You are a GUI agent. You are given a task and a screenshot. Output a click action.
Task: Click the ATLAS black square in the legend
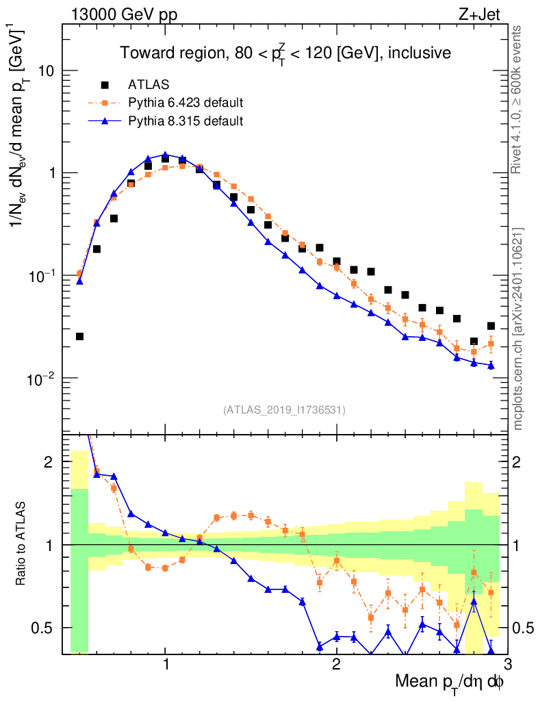point(105,85)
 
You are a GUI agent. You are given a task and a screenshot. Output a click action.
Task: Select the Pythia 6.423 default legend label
point(186,103)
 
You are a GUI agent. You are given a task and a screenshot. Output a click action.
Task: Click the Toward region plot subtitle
point(285,53)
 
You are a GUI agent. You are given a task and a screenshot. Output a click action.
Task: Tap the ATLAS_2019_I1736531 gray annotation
point(284,410)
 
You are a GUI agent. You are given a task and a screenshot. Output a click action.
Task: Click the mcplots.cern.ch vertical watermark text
point(518,329)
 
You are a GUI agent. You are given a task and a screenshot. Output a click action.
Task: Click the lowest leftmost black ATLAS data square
point(79,336)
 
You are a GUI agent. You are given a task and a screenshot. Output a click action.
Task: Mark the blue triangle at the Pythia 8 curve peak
point(165,155)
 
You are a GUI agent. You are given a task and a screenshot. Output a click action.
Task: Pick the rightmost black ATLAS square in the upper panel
point(491,326)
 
